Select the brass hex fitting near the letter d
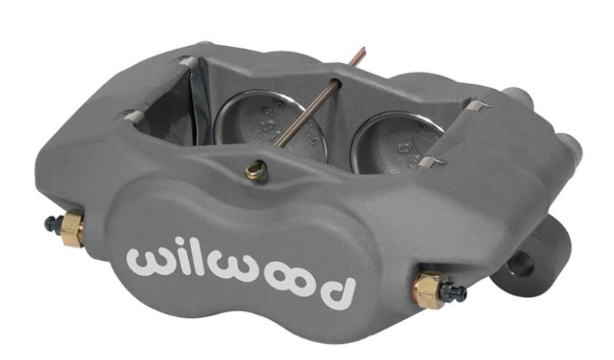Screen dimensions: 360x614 point(427,289)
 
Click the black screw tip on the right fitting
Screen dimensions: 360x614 point(457,293)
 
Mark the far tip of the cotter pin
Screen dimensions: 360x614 point(362,51)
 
